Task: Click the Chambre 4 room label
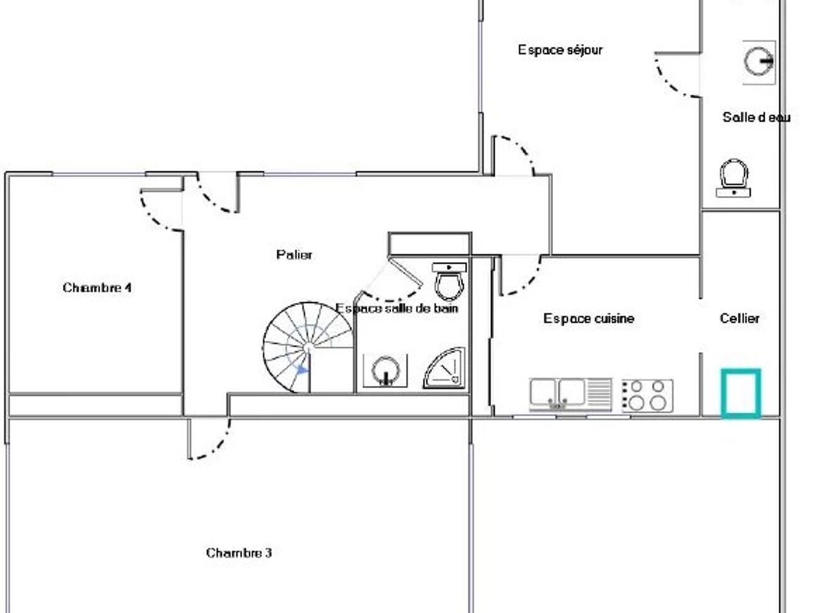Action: pyautogui.click(x=97, y=288)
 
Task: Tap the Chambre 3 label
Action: pyautogui.click(x=239, y=553)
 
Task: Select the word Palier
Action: pyautogui.click(x=294, y=255)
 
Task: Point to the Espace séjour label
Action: pyautogui.click(x=560, y=50)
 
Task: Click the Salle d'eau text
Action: pyautogui.click(x=756, y=117)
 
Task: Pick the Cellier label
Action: pyautogui.click(x=740, y=319)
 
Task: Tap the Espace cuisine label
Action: pyautogui.click(x=589, y=319)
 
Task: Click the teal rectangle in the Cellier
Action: pyautogui.click(x=741, y=393)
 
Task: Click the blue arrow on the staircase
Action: pyautogui.click(x=303, y=370)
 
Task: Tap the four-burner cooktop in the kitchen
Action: pyautogui.click(x=647, y=395)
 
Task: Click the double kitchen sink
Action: pyautogui.click(x=558, y=394)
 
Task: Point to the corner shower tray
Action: pyautogui.click(x=446, y=370)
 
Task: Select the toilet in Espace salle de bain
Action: pyautogui.click(x=450, y=282)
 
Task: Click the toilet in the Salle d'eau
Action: pyautogui.click(x=733, y=177)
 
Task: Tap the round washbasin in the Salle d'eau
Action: pyautogui.click(x=759, y=62)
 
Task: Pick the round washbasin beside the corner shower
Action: pyautogui.click(x=385, y=370)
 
